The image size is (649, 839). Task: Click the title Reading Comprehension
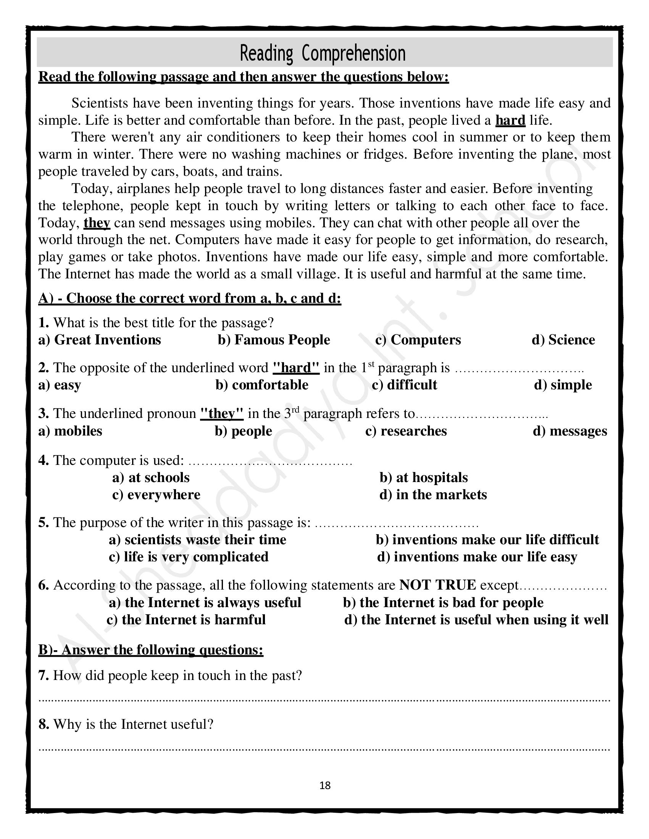pyautogui.click(x=323, y=53)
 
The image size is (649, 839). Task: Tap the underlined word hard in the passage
pyautogui.click(x=510, y=120)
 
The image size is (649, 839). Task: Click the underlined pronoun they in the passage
pyautogui.click(x=97, y=223)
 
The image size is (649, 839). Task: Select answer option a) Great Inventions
pyautogui.click(x=100, y=340)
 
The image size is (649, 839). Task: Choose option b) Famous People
pyautogui.click(x=274, y=340)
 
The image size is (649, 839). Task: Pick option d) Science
pyautogui.click(x=563, y=340)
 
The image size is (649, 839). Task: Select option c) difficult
pyautogui.click(x=404, y=385)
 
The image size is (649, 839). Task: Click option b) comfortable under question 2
pyautogui.click(x=262, y=385)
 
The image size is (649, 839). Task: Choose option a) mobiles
pyautogui.click(x=70, y=431)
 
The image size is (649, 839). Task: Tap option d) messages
pyautogui.click(x=570, y=431)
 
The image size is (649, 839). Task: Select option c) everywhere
pyautogui.click(x=156, y=495)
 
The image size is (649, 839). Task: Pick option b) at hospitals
pyautogui.click(x=424, y=477)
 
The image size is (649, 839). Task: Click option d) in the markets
pyautogui.click(x=433, y=495)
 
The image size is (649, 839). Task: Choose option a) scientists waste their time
pyautogui.click(x=198, y=540)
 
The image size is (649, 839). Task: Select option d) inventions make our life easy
pyautogui.click(x=477, y=557)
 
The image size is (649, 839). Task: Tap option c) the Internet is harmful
pyautogui.click(x=186, y=620)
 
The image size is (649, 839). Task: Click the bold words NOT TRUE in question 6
pyautogui.click(x=438, y=585)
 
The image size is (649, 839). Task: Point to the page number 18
pyautogui.click(x=325, y=786)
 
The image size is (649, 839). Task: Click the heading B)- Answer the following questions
pyautogui.click(x=151, y=649)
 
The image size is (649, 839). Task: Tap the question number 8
pyautogui.click(x=44, y=724)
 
